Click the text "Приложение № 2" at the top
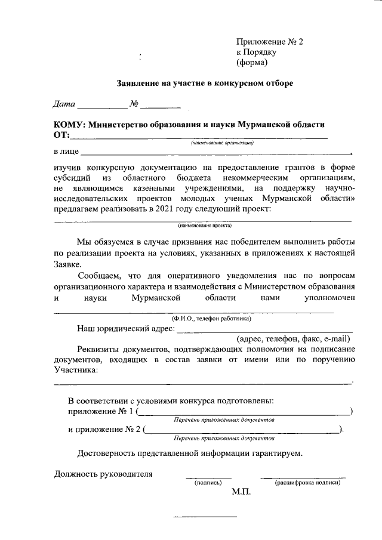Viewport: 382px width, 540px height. point(270,42)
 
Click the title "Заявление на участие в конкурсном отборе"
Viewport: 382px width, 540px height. point(204,84)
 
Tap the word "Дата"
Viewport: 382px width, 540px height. point(64,105)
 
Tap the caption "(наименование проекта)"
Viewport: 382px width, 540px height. point(204,226)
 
